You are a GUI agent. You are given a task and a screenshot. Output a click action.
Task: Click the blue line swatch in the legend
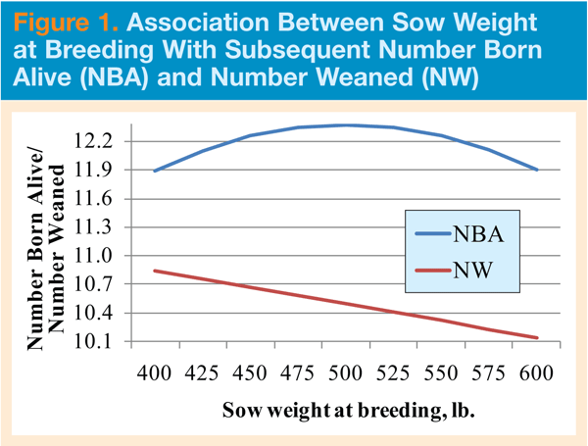pyautogui.click(x=425, y=235)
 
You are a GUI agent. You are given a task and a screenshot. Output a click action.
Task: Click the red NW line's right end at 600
pyautogui.click(x=537, y=338)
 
